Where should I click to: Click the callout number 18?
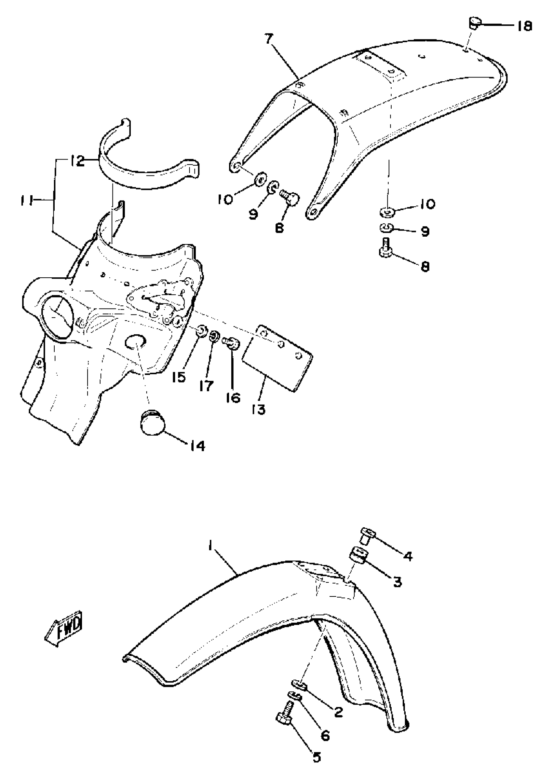pos(524,26)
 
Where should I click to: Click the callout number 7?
pos(269,39)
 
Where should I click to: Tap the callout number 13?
pos(259,410)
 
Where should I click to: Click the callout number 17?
pos(206,386)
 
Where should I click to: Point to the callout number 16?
pos(233,398)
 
